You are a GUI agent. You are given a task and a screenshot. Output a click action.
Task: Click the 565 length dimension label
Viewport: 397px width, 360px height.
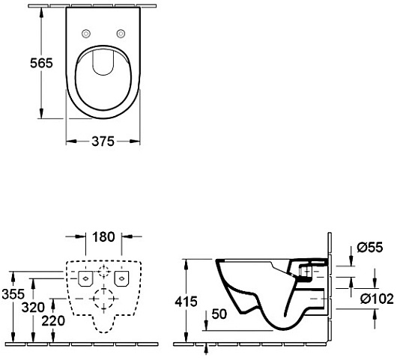(x=41, y=63)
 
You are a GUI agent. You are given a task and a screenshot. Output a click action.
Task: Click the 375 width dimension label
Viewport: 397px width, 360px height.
(x=103, y=141)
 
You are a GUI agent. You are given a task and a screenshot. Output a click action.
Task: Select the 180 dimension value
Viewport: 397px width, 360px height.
(x=103, y=237)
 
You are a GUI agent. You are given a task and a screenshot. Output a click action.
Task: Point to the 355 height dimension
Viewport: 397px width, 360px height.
(x=13, y=294)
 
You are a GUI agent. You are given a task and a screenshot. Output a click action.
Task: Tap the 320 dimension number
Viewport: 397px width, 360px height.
(x=33, y=308)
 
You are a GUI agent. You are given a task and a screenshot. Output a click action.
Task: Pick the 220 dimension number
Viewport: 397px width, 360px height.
(x=53, y=321)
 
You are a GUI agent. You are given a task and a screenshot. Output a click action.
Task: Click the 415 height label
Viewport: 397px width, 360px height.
(x=186, y=302)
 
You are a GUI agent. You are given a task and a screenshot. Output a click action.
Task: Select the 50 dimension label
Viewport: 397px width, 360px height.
(x=219, y=314)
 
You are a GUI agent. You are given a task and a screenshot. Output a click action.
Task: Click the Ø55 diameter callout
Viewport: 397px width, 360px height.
(x=370, y=247)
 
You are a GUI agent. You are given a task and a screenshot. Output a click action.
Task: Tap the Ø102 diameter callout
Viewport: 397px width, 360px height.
(x=377, y=299)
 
